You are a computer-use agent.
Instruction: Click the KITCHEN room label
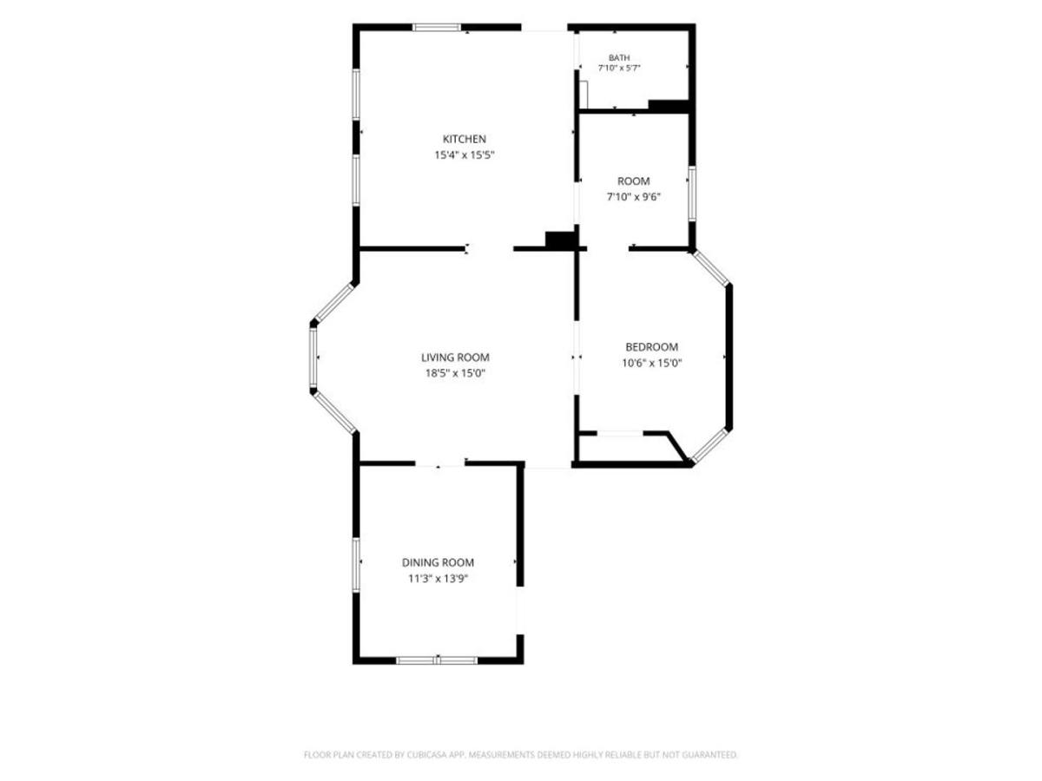464,139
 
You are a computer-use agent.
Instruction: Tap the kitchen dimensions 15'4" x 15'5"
465,155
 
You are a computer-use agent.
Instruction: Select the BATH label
619,58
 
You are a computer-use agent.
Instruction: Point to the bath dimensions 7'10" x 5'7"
619,68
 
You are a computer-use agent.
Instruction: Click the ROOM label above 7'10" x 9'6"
633,181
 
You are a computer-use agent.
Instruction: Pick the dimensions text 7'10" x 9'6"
633,197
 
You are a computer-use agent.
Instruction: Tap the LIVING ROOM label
455,358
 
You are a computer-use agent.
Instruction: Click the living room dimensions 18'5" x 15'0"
455,373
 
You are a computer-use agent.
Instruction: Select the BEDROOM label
651,347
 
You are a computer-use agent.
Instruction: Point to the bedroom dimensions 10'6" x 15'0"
651,364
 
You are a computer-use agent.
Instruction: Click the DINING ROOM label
438,562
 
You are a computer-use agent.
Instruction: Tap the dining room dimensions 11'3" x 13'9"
438,579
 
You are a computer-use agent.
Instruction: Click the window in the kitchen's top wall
436,28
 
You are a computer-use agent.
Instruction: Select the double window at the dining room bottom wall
437,660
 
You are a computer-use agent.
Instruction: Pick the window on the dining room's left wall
356,564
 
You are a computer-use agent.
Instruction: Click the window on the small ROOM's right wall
692,193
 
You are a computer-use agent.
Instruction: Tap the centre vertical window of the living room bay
313,356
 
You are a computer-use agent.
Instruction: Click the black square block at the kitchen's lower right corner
560,240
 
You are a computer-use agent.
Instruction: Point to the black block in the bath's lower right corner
669,106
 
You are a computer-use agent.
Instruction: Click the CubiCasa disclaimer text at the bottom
521,754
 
